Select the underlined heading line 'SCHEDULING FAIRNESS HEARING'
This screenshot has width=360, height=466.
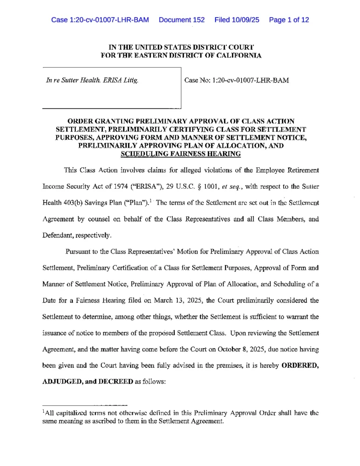(x=180, y=154)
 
